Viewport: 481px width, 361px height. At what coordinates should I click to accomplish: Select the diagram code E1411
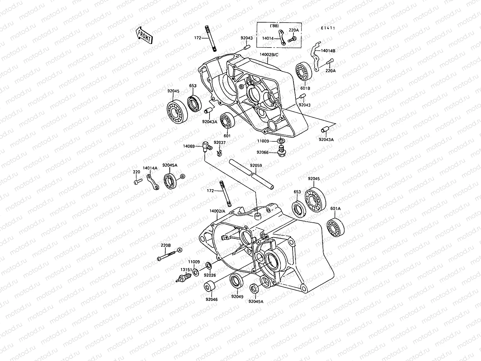pos(328,28)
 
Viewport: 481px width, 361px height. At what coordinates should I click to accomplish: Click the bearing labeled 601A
pos(335,227)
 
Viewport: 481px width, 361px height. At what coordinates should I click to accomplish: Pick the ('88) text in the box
pos(274,26)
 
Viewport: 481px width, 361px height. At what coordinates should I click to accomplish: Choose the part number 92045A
pos(170,165)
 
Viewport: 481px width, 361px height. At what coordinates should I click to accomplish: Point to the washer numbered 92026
pos(208,266)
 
